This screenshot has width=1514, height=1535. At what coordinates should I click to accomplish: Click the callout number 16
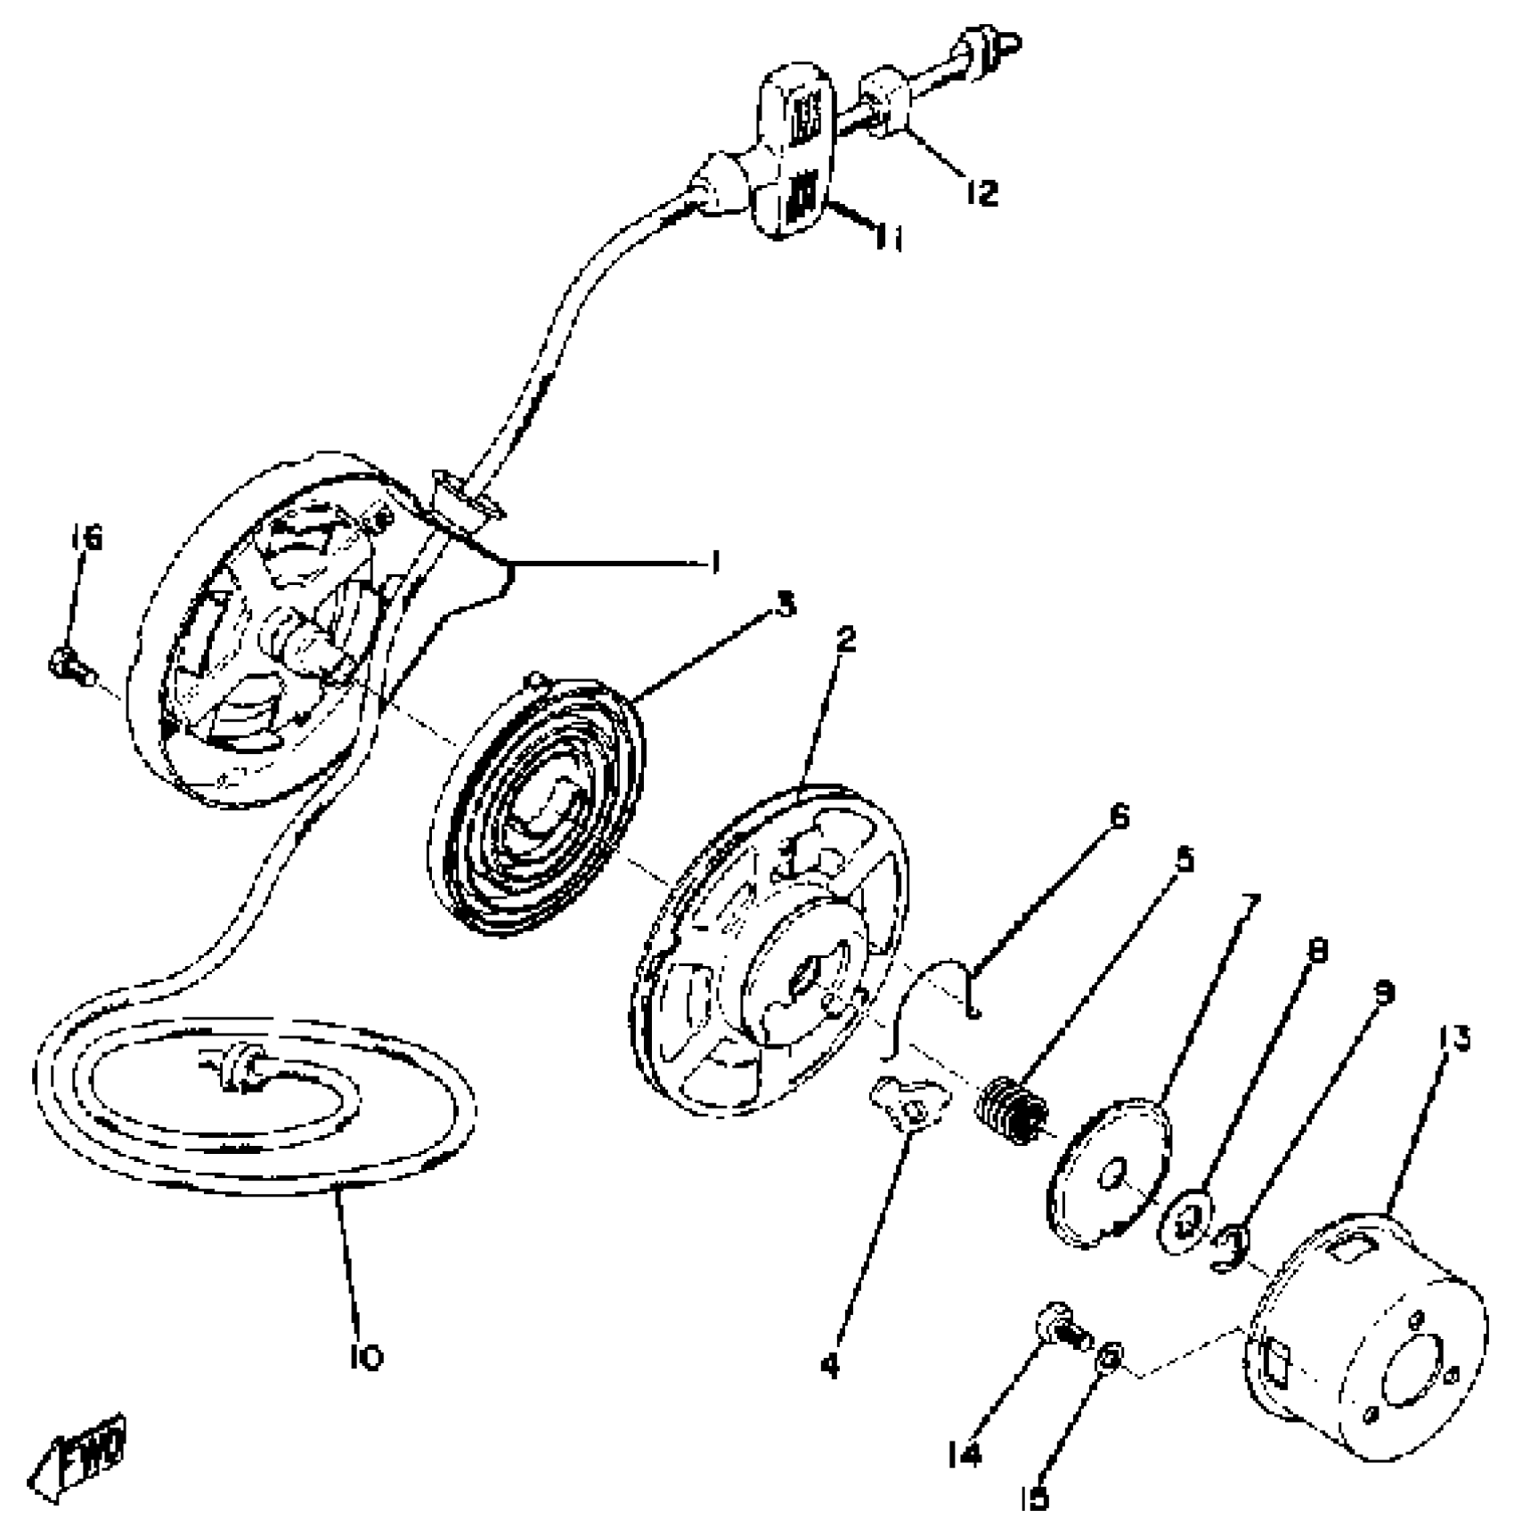[x=86, y=538]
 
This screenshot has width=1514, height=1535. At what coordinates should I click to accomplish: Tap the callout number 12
[x=982, y=192]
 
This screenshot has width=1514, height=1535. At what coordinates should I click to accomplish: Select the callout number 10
[x=366, y=1357]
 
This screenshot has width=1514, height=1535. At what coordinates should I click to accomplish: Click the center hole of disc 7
[x=1112, y=1176]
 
